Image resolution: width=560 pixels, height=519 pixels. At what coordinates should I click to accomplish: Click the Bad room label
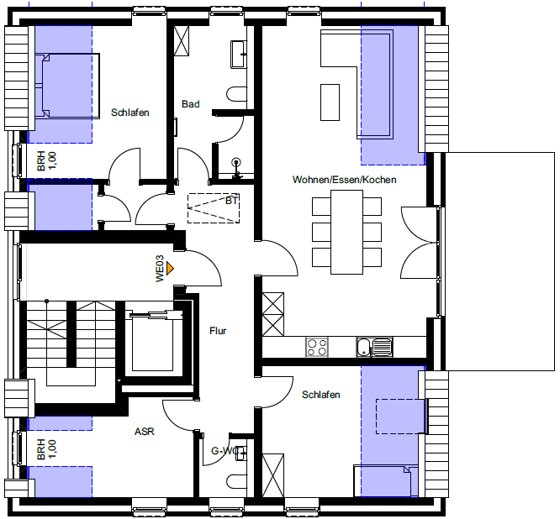pos(190,104)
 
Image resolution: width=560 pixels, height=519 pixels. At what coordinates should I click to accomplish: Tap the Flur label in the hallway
pos(218,331)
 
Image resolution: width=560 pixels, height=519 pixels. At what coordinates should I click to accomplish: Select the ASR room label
pos(145,432)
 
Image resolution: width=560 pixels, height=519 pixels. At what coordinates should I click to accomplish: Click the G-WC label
pos(225,451)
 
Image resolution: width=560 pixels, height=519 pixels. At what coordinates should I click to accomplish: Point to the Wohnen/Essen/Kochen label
pos(344,180)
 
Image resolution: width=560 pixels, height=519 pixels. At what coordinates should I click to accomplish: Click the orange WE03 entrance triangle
pos(170,268)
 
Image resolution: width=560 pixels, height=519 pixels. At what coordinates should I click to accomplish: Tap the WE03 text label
pos(160,268)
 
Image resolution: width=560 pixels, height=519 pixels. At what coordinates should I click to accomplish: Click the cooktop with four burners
pos(317,347)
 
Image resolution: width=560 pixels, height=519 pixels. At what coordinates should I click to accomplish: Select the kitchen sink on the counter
pos(374,347)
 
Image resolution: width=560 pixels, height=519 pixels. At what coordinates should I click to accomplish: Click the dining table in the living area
pos(346,233)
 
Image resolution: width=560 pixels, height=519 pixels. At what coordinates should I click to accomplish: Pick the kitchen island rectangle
pos(330,102)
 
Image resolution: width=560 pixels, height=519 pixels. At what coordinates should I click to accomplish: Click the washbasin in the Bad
pos(239,55)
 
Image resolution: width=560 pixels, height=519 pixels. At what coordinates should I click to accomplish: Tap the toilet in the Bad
pos(236,94)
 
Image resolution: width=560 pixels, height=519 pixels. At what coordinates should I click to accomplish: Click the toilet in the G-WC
pos(236,482)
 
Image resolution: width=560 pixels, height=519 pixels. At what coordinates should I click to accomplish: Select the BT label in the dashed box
pos(231,201)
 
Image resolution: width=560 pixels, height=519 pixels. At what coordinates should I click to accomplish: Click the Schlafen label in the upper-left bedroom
pos(130,113)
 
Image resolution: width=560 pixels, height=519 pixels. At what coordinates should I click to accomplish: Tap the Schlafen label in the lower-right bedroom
pos(320,395)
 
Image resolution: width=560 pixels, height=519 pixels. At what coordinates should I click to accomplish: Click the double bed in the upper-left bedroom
pos(67,86)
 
